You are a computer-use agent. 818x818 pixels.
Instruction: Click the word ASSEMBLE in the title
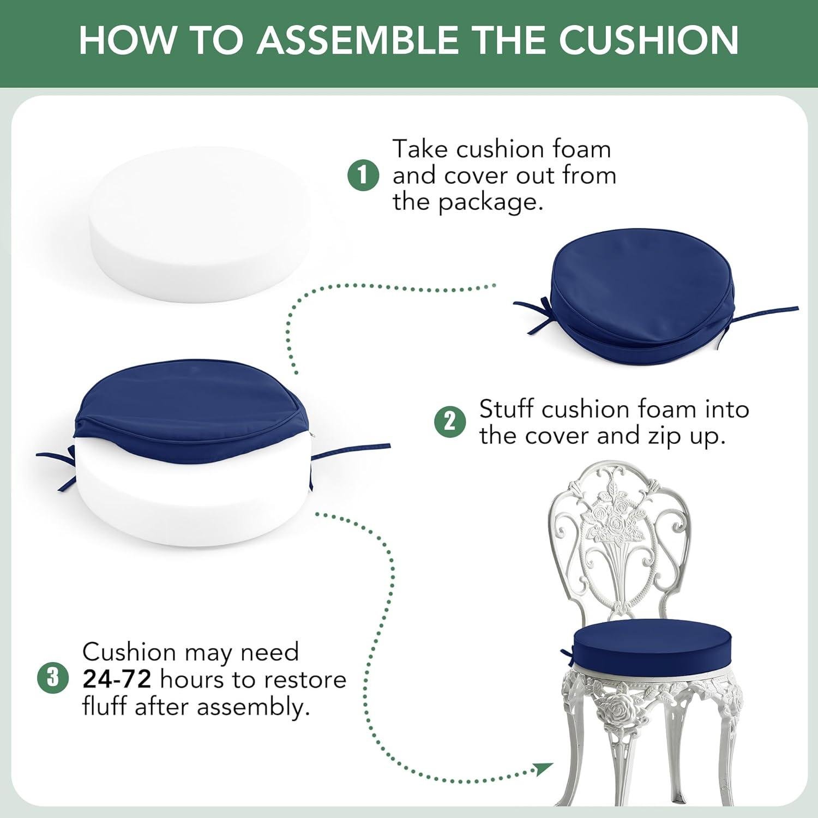(358, 40)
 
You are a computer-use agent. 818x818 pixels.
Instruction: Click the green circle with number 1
(363, 176)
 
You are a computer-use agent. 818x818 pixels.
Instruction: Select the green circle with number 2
(450, 422)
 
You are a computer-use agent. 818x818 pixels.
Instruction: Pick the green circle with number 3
(53, 678)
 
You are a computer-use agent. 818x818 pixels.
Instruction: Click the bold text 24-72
(116, 679)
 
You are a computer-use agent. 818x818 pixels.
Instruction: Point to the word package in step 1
(491, 202)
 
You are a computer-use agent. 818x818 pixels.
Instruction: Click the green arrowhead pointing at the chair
(543, 769)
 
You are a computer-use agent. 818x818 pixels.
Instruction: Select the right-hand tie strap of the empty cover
(766, 314)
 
